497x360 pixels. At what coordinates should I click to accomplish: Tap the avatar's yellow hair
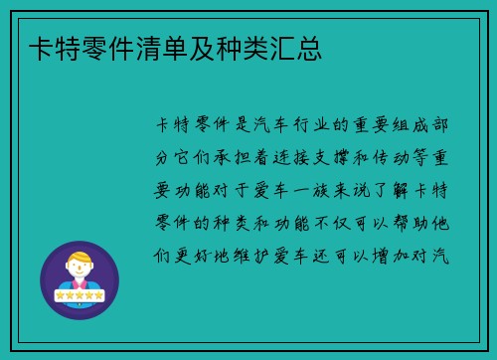80,258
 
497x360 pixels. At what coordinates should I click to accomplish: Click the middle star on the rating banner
80,295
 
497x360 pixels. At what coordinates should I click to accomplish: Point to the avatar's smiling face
80,270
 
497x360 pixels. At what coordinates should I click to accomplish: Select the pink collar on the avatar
80,283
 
